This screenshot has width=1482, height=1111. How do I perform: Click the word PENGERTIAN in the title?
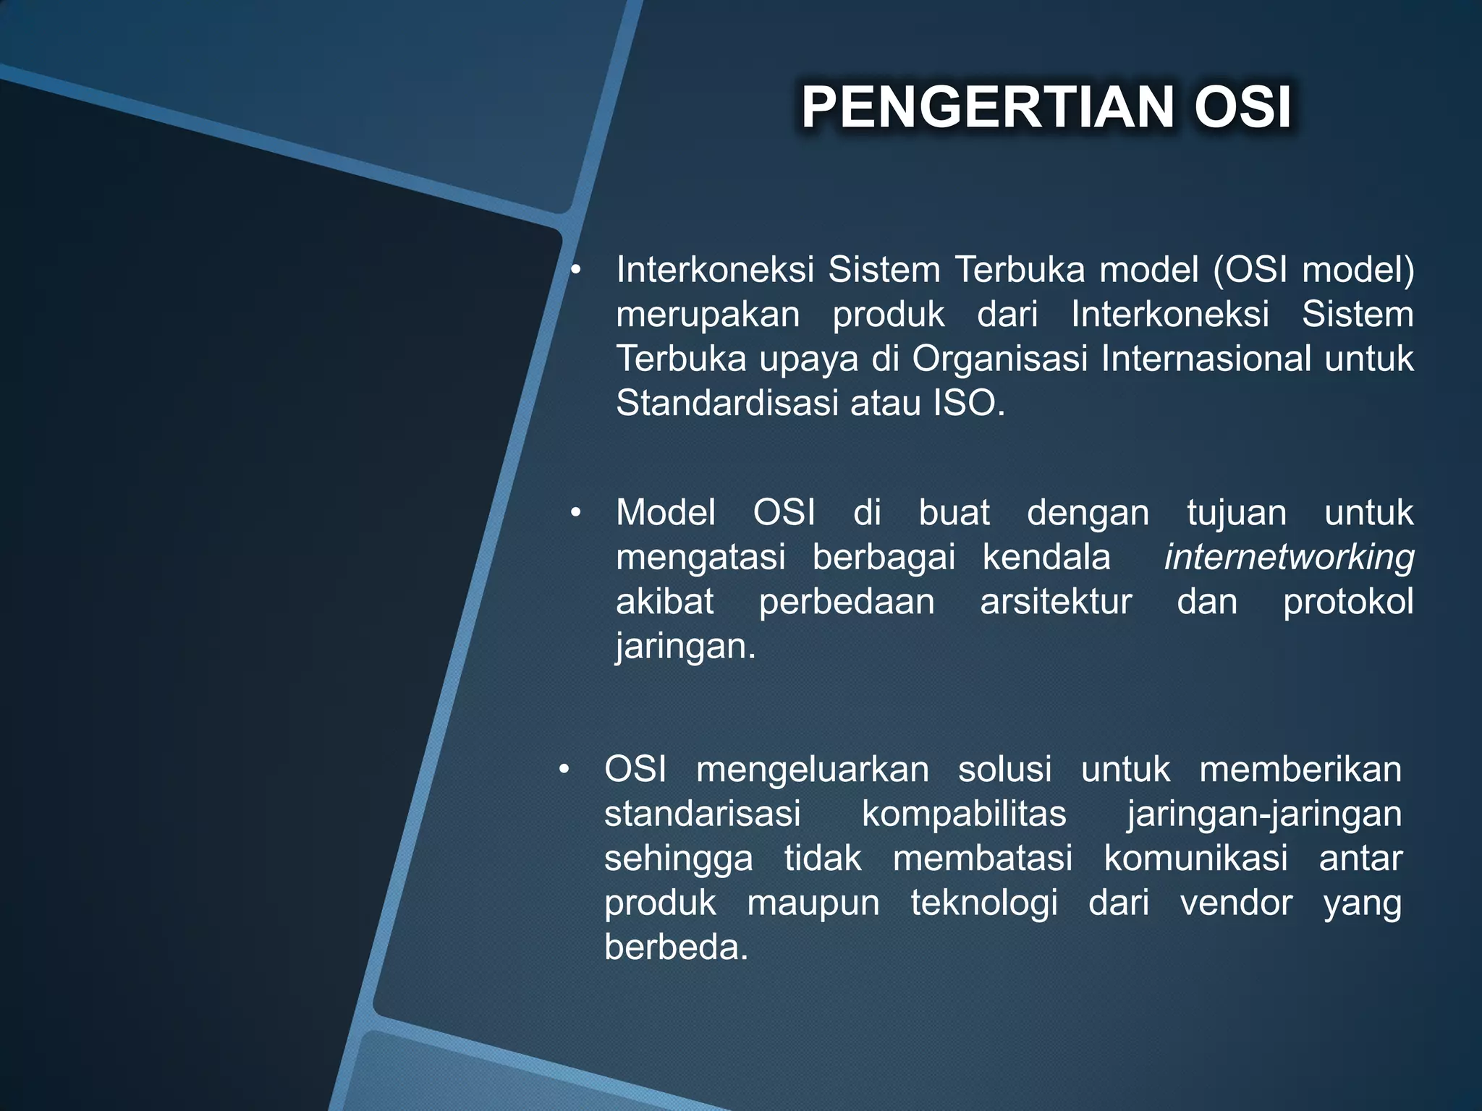tap(987, 108)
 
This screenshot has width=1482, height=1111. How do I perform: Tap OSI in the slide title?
tap(1242, 108)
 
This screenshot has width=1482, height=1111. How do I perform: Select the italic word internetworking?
tap(1289, 558)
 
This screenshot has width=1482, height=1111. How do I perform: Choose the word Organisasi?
tap(999, 359)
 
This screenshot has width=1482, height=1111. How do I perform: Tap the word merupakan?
tap(708, 315)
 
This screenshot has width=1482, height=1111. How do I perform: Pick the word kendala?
tap(1046, 558)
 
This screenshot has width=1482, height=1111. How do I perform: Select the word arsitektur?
tap(1056, 602)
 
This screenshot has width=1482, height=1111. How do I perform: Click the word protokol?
tap(1348, 602)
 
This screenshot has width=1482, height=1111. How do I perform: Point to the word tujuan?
tap(1237, 514)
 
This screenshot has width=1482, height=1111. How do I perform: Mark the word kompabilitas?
tap(964, 814)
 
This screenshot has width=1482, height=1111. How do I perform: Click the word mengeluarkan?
tap(813, 770)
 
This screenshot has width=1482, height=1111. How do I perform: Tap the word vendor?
tap(1236, 903)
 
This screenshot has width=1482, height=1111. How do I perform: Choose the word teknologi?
tap(984, 903)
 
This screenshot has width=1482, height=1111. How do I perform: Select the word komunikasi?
tap(1195, 859)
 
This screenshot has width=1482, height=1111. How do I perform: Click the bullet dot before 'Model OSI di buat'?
tap(575, 514)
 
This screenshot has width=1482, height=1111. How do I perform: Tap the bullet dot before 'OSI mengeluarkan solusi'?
tap(564, 770)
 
